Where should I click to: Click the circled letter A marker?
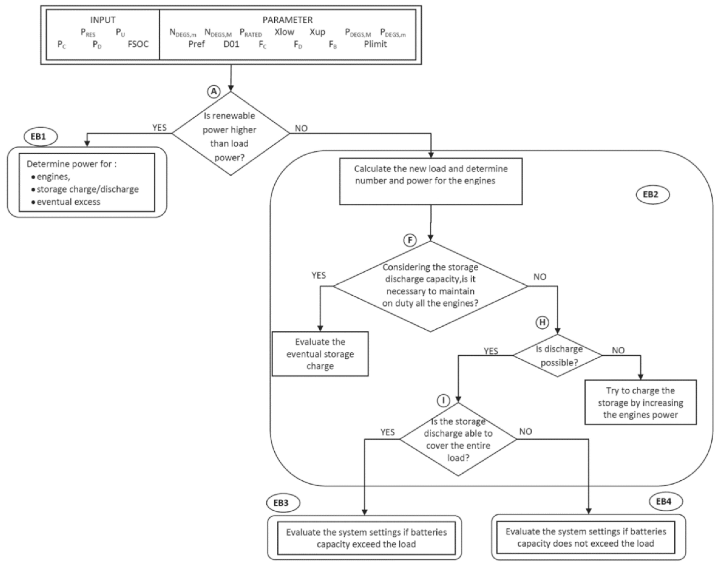click(214, 91)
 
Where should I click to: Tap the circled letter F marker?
click(410, 240)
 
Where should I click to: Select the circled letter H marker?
click(542, 322)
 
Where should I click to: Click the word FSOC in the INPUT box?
click(138, 44)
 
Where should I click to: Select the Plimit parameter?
click(375, 44)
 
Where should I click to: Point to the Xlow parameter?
click(284, 32)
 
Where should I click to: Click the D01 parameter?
click(231, 44)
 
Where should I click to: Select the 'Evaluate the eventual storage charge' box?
click(320, 354)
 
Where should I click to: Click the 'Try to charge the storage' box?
click(640, 402)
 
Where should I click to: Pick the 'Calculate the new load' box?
click(431, 181)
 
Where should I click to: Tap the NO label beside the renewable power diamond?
click(301, 128)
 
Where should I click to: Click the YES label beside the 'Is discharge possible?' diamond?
click(491, 351)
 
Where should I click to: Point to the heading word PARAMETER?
click(287, 20)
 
